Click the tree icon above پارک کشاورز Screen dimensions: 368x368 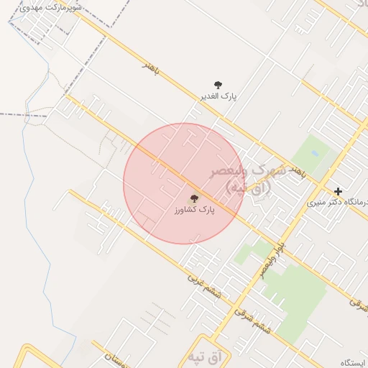(194, 198)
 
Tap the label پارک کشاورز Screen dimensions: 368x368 (194, 211)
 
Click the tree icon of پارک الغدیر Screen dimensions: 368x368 (218, 85)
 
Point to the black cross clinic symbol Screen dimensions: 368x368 (338, 191)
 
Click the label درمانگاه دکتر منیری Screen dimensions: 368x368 (338, 203)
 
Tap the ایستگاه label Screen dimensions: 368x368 (354, 362)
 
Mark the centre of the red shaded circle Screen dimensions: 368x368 (183, 183)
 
